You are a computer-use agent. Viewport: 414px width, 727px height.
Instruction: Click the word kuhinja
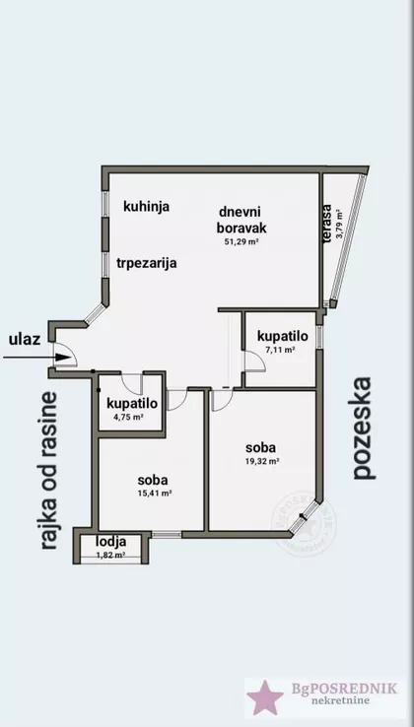click(x=148, y=207)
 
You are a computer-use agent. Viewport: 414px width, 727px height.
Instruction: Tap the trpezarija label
click(x=145, y=262)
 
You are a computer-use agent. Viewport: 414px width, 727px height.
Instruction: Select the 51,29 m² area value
click(x=241, y=240)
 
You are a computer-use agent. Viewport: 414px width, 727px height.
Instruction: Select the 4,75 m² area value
click(x=129, y=418)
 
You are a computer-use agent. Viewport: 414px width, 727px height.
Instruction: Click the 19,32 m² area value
click(x=262, y=460)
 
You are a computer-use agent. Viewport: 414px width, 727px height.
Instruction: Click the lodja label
click(x=110, y=543)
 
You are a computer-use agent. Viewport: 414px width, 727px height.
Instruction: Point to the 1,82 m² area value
click(x=110, y=556)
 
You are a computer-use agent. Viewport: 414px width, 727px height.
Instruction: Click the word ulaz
click(x=24, y=340)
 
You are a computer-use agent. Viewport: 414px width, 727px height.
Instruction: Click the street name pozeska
click(x=364, y=427)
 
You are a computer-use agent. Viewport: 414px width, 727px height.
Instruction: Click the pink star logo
click(x=263, y=697)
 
